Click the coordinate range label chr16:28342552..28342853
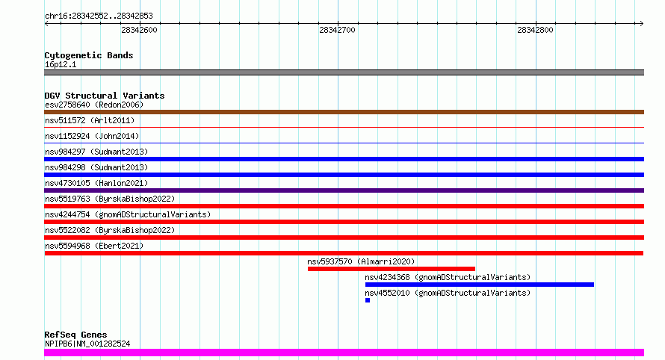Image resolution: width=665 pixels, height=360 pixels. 99,16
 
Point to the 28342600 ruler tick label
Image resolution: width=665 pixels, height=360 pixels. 139,30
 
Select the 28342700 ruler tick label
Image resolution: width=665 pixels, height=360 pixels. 337,30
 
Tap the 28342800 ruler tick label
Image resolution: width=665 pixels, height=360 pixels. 535,30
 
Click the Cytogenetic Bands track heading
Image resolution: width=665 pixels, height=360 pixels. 89,55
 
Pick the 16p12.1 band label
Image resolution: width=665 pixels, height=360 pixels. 61,64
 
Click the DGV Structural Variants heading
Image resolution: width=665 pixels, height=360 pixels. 105,96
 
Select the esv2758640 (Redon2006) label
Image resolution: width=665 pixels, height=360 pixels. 94,105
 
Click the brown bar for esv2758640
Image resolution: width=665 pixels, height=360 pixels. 344,112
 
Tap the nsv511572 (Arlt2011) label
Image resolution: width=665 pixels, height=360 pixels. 90,120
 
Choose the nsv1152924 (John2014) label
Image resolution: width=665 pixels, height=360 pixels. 92,136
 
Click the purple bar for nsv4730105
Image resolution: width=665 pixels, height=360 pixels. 344,190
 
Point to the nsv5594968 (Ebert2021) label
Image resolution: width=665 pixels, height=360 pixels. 94,246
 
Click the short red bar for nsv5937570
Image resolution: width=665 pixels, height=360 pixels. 392,269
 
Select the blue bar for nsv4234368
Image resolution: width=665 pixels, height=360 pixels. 480,285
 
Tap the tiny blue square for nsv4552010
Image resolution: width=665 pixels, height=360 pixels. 368,300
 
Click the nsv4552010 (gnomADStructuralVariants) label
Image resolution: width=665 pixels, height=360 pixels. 448,293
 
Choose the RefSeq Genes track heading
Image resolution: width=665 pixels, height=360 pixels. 75,335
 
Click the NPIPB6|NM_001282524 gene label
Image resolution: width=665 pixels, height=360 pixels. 87,344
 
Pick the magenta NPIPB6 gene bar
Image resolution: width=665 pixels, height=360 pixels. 344,353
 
